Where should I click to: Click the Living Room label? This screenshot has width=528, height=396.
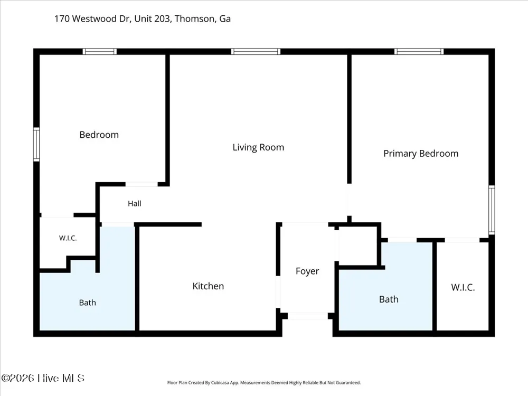coord(258,147)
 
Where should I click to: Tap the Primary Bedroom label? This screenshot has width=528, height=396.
coord(421,154)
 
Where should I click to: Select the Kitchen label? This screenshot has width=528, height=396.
coord(208,286)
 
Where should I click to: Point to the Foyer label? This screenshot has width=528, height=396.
coord(307,271)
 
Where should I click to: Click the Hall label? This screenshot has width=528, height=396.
coord(134,203)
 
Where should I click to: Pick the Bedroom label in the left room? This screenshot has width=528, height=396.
coord(99,135)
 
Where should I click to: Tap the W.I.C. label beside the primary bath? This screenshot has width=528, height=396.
coord(463,287)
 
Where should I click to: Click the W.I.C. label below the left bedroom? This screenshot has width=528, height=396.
coord(68,238)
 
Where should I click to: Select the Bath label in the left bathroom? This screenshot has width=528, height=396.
coord(88,303)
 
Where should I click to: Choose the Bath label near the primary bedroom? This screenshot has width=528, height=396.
coord(389,299)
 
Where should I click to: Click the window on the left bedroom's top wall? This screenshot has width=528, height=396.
coord(100,52)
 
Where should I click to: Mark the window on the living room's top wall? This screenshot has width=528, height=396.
coord(256,52)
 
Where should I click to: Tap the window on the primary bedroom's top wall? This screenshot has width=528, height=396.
coord(419,52)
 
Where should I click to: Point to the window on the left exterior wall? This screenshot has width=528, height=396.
coord(36,145)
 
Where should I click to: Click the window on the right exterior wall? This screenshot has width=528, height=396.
coord(492,210)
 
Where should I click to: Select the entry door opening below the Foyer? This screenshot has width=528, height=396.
coord(308,316)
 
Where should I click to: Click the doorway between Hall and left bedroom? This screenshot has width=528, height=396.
coord(142,184)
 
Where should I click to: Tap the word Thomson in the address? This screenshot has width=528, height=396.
coord(195,19)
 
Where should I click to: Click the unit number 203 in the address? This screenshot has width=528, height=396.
coord(162,18)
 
